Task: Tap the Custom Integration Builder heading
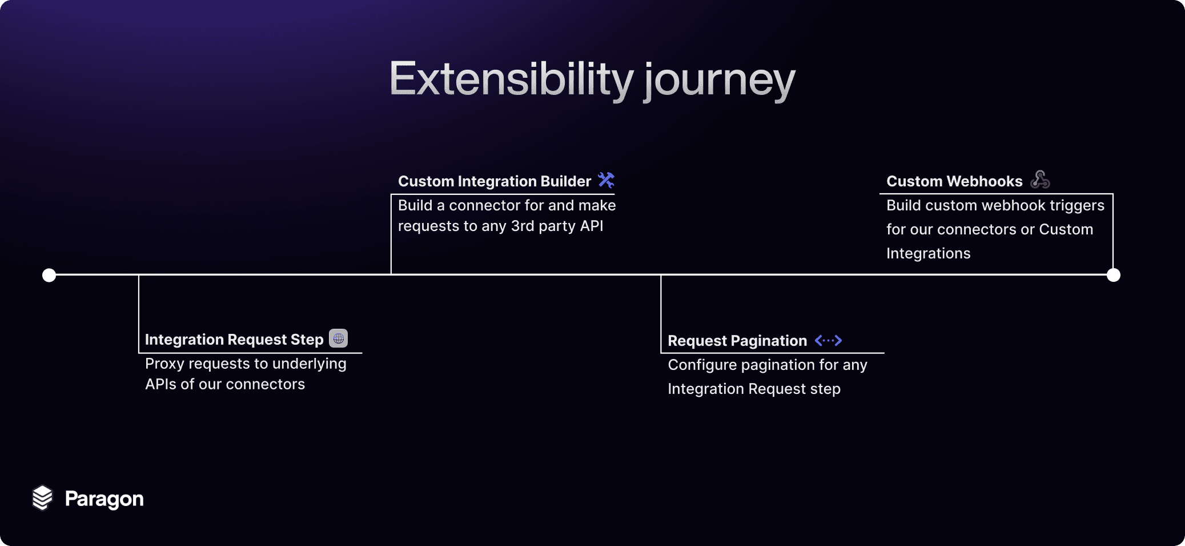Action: pos(495,181)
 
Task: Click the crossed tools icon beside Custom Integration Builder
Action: pos(606,180)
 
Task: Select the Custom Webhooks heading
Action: pos(954,181)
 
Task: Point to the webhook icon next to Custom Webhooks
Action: pos(1040,180)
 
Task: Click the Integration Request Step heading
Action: pos(234,340)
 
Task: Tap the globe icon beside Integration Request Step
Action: pos(339,338)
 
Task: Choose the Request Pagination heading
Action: pos(737,341)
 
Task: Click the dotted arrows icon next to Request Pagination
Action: pos(828,341)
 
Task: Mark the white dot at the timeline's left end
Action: pos(49,275)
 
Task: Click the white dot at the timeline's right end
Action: pos(1114,275)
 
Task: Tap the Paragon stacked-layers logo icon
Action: pos(42,498)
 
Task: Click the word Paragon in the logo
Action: pos(105,499)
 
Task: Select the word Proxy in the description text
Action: pos(164,364)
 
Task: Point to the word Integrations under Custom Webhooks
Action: pos(929,253)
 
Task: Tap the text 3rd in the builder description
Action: pos(523,226)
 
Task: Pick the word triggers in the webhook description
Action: pos(1077,206)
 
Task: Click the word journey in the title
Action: pos(720,81)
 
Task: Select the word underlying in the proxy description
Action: pos(309,364)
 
